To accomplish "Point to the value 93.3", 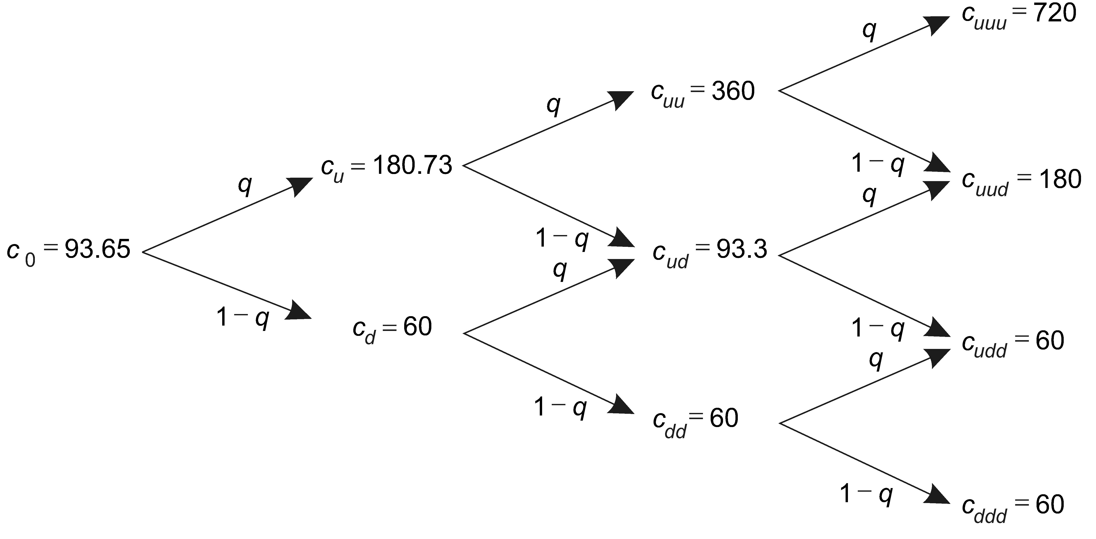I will click(742, 250).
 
